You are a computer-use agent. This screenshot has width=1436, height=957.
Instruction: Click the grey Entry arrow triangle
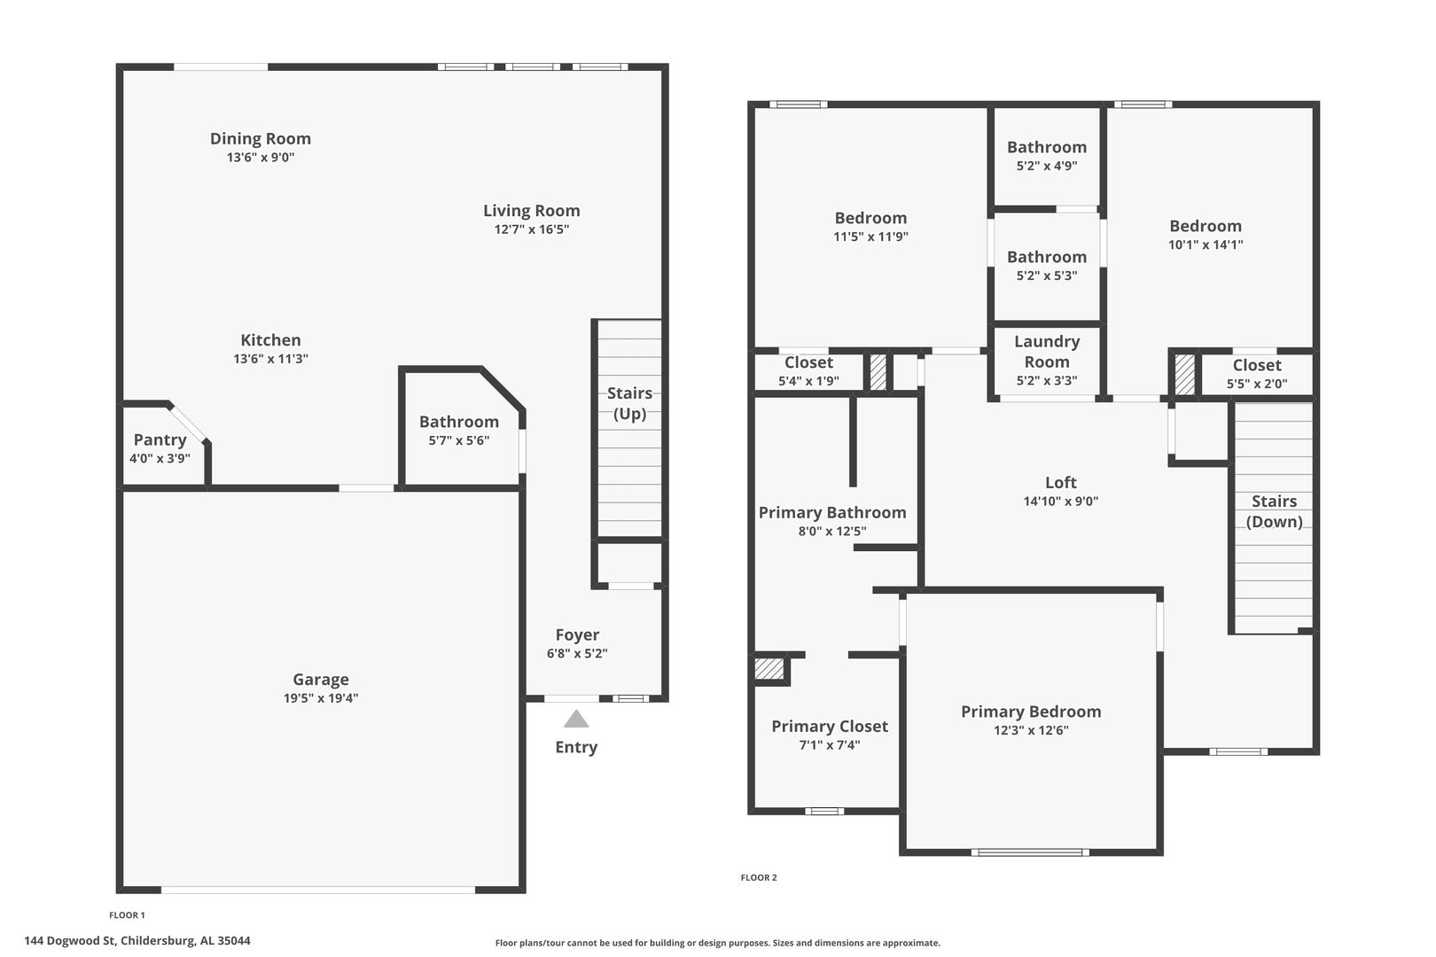pyautogui.click(x=576, y=720)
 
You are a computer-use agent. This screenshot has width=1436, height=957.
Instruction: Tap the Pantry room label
pyautogui.click(x=160, y=440)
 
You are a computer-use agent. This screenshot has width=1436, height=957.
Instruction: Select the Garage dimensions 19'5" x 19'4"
pyautogui.click(x=321, y=698)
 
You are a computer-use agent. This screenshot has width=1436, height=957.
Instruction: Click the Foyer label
pyautogui.click(x=577, y=635)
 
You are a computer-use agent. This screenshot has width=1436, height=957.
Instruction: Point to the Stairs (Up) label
pyautogui.click(x=629, y=403)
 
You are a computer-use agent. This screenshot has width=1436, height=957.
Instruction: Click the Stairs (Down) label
pyautogui.click(x=1274, y=511)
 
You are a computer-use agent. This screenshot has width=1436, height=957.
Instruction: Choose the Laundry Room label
pyautogui.click(x=1047, y=352)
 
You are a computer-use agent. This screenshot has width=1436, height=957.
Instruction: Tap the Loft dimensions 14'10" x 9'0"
pyautogui.click(x=1060, y=502)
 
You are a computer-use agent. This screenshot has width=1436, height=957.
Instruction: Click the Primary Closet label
pyautogui.click(x=830, y=727)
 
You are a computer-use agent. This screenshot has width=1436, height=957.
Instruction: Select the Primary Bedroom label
pyautogui.click(x=1031, y=712)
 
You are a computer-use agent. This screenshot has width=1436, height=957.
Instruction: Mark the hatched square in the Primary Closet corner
pyautogui.click(x=769, y=668)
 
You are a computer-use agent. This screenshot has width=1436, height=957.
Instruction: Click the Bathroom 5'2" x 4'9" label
pyautogui.click(x=1047, y=147)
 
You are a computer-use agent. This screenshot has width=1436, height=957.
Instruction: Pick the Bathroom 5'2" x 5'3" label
pyautogui.click(x=1047, y=257)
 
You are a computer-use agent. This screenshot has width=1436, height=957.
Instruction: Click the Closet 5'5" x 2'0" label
pyautogui.click(x=1257, y=365)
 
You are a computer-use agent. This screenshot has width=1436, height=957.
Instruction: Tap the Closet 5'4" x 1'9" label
pyautogui.click(x=808, y=362)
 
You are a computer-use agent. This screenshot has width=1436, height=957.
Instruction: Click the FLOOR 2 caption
pyautogui.click(x=759, y=877)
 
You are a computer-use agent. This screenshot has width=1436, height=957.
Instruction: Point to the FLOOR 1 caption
pyautogui.click(x=127, y=914)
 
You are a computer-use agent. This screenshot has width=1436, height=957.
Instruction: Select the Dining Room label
pyautogui.click(x=261, y=139)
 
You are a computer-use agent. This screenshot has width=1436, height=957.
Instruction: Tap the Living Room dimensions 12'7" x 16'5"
pyautogui.click(x=532, y=230)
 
